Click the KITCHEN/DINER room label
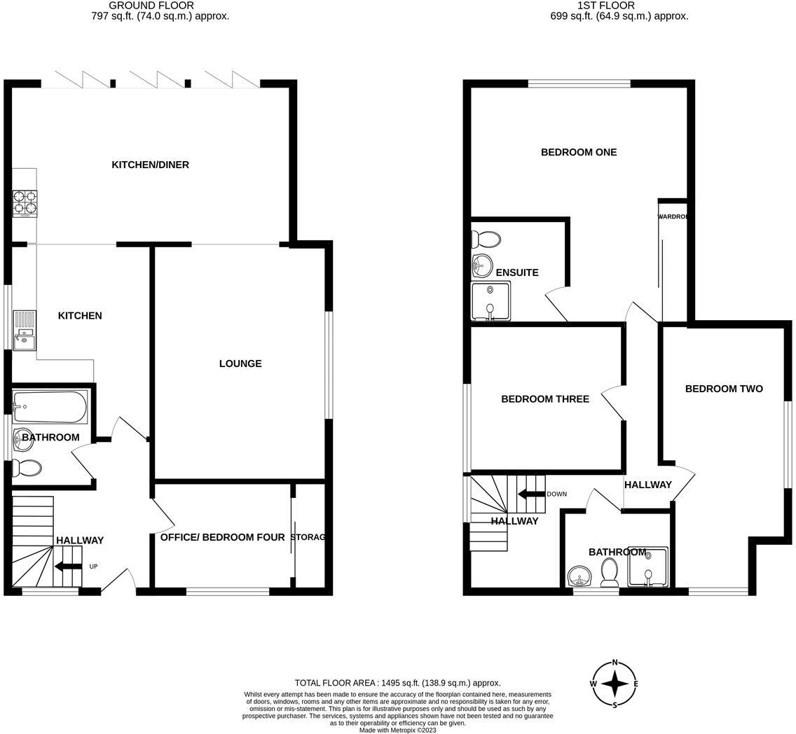click(150, 165)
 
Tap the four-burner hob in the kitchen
click(25, 203)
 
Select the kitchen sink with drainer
click(24, 331)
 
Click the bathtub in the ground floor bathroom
click(50, 407)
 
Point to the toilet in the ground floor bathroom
click(27, 468)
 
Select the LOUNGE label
click(240, 363)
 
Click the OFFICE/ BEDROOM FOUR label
click(222, 537)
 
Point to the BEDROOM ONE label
click(579, 152)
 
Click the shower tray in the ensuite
click(490, 300)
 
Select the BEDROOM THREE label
click(544, 399)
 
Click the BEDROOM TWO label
click(724, 389)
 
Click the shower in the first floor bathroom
click(648, 567)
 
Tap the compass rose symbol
click(615, 684)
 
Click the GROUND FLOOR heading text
click(151, 6)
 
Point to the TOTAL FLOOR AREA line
click(397, 683)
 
